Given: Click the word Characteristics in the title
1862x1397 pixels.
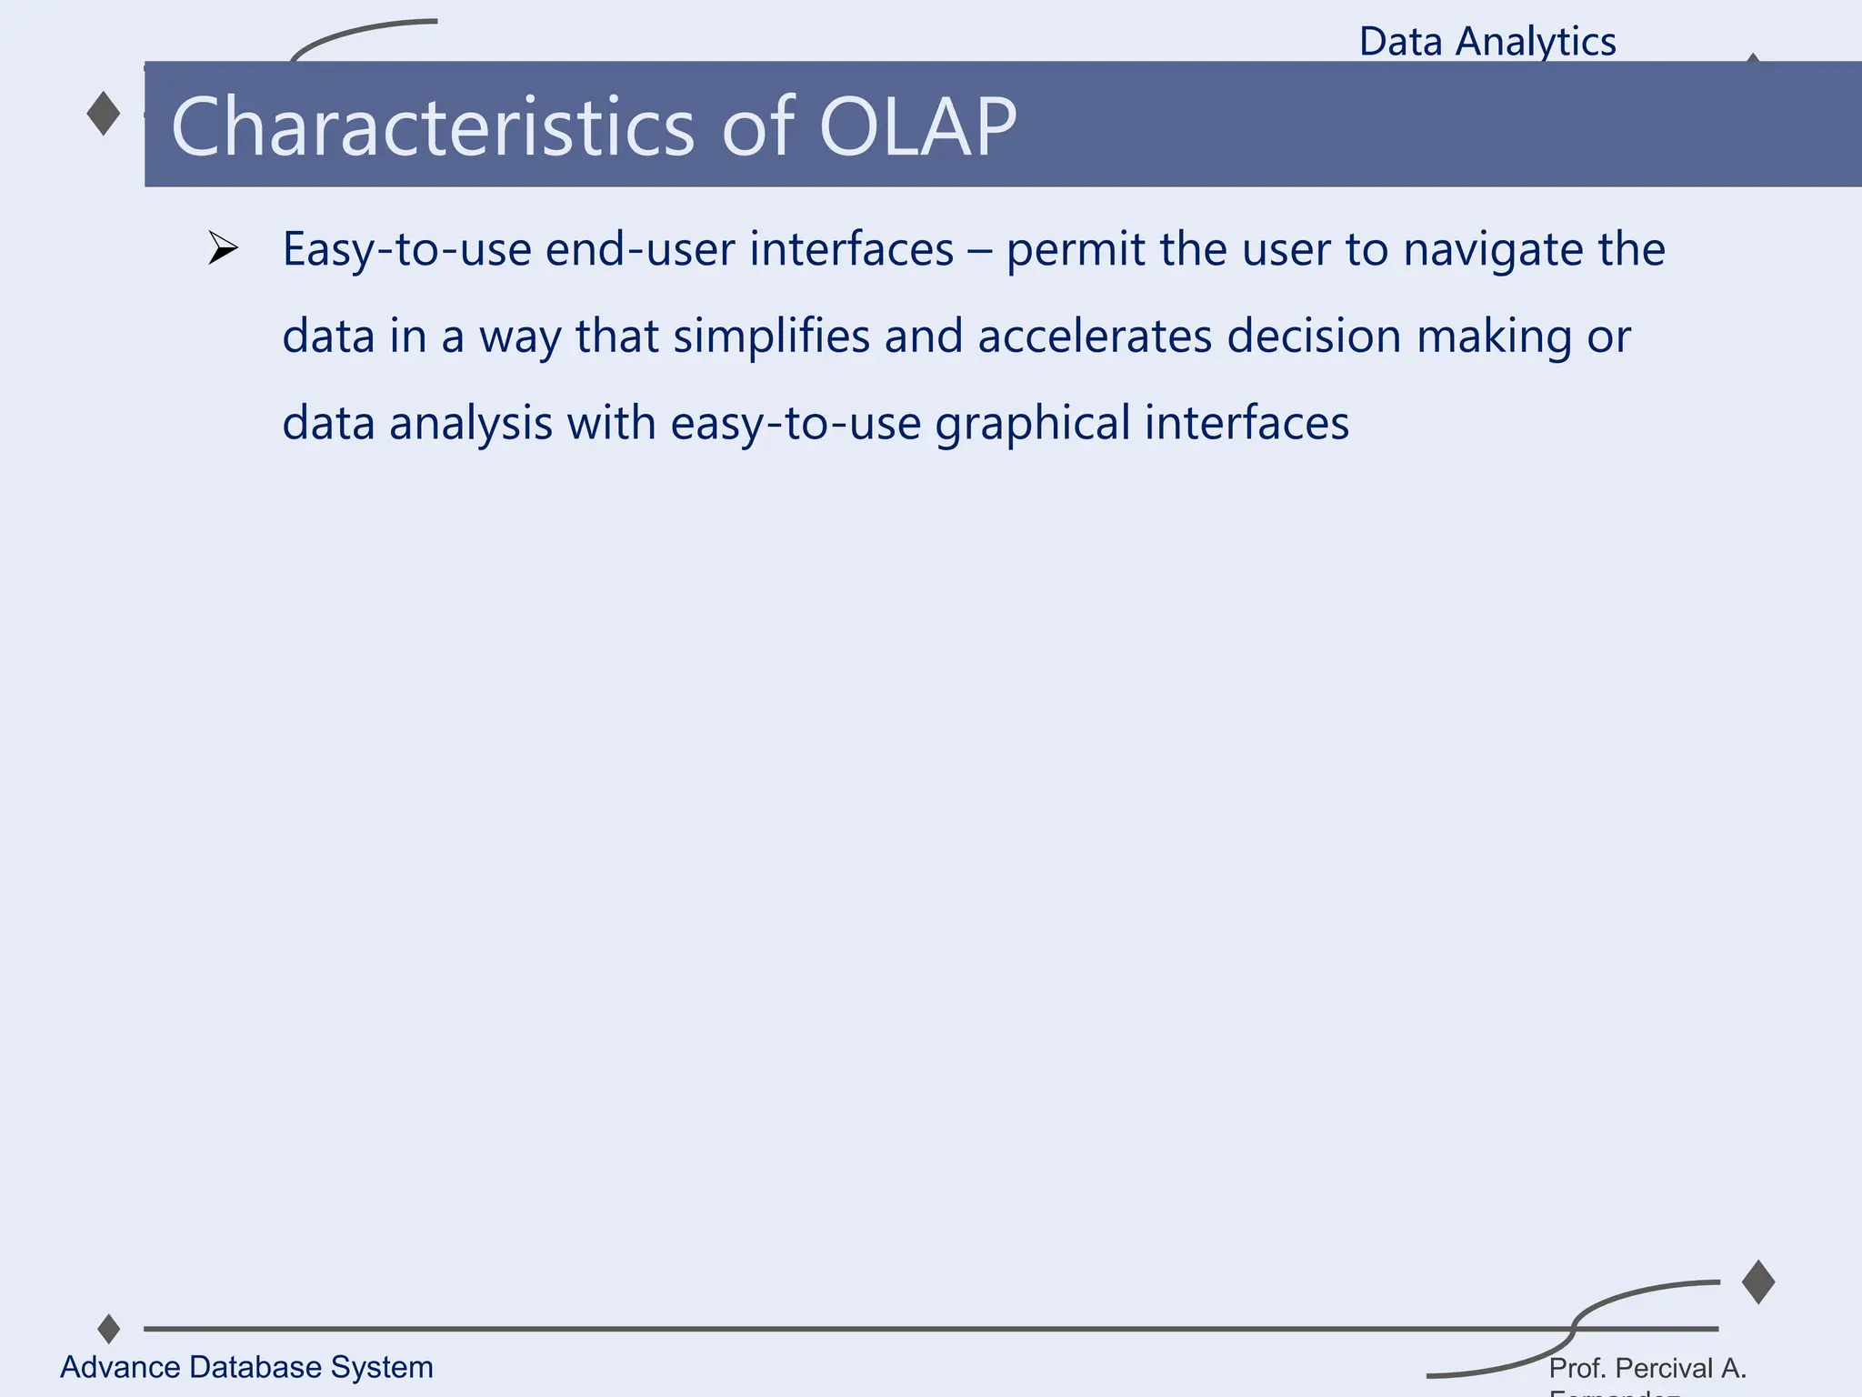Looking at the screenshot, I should pyautogui.click(x=433, y=126).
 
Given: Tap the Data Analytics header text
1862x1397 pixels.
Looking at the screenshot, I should pyautogui.click(x=1487, y=42).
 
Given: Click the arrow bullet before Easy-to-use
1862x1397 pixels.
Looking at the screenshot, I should pyautogui.click(x=222, y=248).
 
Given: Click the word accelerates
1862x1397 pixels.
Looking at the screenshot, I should pyautogui.click(x=1095, y=336).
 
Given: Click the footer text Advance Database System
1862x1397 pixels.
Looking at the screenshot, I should pyautogui.click(x=246, y=1367).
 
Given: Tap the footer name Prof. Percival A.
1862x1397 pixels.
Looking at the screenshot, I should pyautogui.click(x=1647, y=1368).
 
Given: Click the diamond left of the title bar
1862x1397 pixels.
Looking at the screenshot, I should pyautogui.click(x=104, y=114).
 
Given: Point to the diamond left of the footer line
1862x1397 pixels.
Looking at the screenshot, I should pyautogui.click(x=109, y=1329).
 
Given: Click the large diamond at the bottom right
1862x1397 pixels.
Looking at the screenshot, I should pyautogui.click(x=1758, y=1282).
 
